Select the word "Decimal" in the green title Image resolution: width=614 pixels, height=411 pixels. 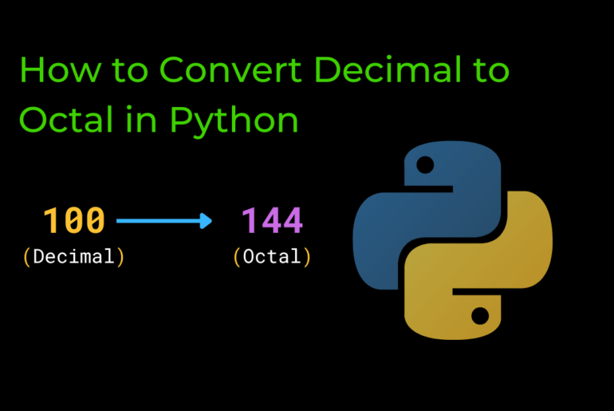pyautogui.click(x=388, y=71)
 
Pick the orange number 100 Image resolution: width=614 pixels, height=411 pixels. pyautogui.click(x=73, y=220)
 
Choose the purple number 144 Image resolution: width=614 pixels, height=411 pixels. pyautogui.click(x=272, y=220)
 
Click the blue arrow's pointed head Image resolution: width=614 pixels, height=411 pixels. pyautogui.click(x=207, y=220)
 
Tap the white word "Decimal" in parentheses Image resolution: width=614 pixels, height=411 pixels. pyautogui.click(x=73, y=257)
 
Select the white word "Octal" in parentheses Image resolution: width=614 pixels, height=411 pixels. pyautogui.click(x=272, y=257)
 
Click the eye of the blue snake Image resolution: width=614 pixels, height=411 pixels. pyautogui.click(x=426, y=166)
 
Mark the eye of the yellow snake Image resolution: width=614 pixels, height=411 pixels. pyautogui.click(x=479, y=316)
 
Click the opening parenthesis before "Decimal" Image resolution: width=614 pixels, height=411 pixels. pyautogui.click(x=27, y=257)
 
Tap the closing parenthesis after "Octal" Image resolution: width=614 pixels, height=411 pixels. pyautogui.click(x=306, y=257)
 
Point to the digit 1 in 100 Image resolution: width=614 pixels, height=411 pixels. pyautogui.click(x=53, y=220)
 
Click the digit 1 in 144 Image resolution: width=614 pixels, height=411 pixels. pyautogui.click(x=250, y=220)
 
